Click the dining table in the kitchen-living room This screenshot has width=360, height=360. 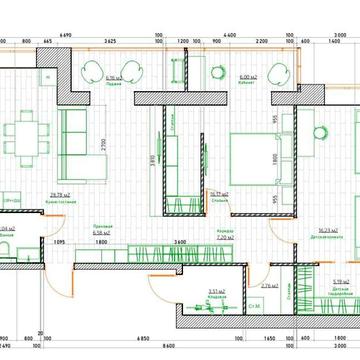point(24,134)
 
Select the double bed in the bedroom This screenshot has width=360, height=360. point(251,159)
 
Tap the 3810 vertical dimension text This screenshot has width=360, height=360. point(151,157)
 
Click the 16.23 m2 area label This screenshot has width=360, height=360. point(320,229)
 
